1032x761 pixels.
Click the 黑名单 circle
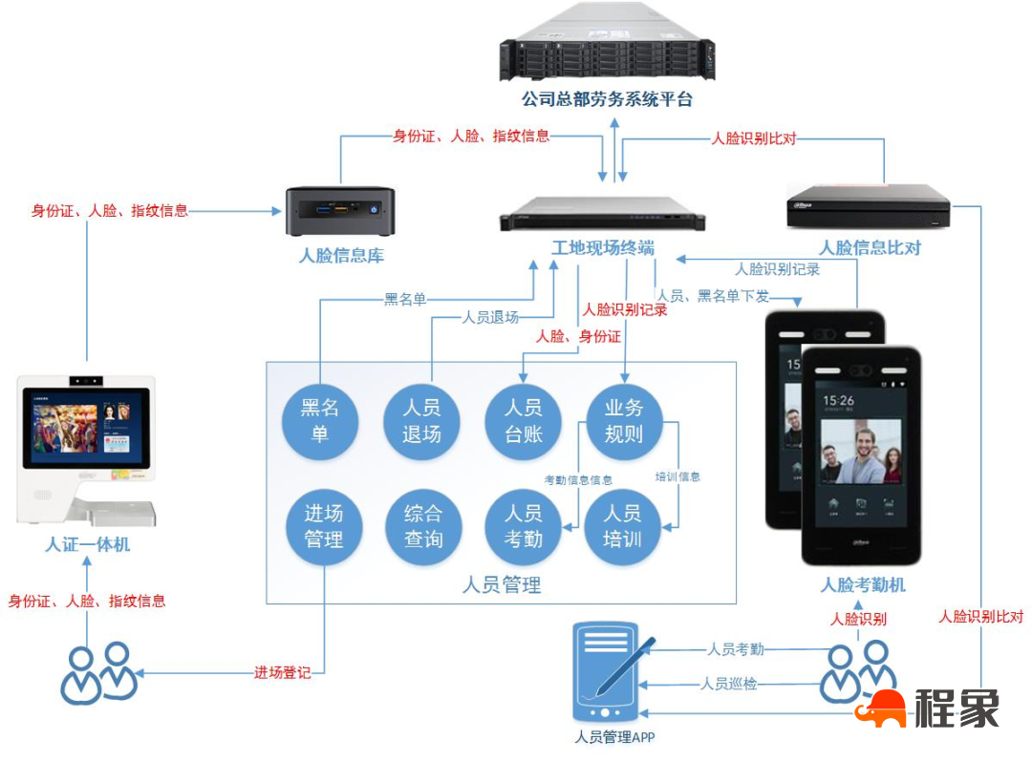pos(321,421)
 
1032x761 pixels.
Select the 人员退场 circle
pos(421,421)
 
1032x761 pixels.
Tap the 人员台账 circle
pos(523,421)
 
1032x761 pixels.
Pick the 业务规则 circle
pos(623,421)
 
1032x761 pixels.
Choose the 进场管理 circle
pos(324,526)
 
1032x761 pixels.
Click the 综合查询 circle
pos(423,526)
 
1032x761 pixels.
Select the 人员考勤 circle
pos(523,526)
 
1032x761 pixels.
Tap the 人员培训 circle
pos(622,526)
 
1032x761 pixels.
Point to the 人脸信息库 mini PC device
pos(341,210)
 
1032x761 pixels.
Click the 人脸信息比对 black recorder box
pos(868,206)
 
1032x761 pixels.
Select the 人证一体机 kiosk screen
pos(87,426)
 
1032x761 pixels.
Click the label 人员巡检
pos(728,684)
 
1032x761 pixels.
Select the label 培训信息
pos(677,476)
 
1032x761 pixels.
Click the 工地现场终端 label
pos(603,248)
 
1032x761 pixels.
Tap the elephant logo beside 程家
pos(880,709)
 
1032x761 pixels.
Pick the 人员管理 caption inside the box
pos(501,584)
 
